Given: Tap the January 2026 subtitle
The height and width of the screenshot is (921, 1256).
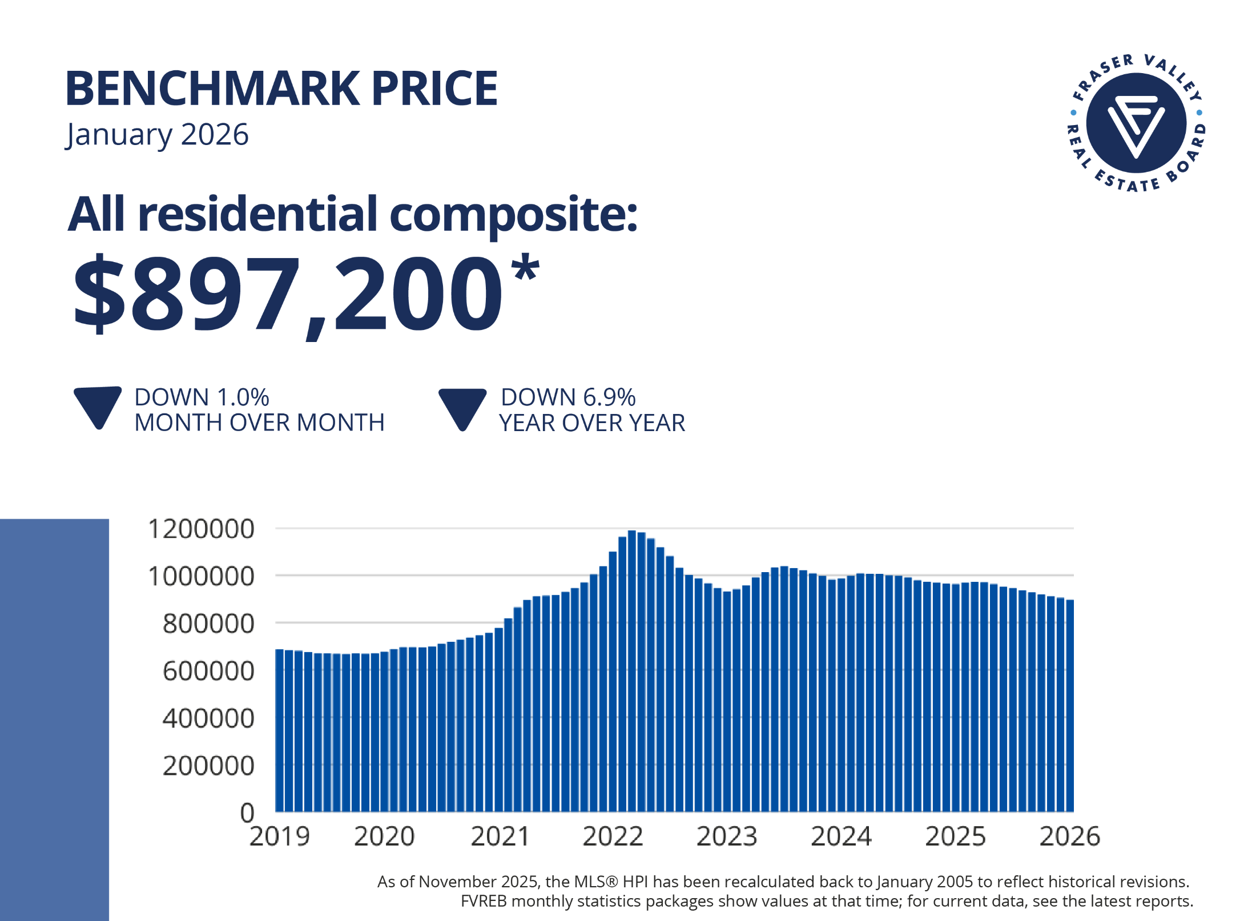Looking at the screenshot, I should point(157,135).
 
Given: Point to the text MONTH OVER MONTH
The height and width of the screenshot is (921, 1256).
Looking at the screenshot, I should point(259,423).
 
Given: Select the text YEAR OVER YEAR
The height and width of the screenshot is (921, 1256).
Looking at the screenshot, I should point(592,423).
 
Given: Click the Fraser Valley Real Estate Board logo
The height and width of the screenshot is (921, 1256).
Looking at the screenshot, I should point(1136,123).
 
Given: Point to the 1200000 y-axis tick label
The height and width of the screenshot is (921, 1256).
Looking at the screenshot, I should point(201,529).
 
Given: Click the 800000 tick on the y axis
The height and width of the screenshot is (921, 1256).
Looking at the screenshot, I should point(208,624).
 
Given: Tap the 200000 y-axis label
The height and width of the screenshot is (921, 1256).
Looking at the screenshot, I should point(208,766).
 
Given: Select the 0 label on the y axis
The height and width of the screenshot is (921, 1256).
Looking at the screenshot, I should point(247,813).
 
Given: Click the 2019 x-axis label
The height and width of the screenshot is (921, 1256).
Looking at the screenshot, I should point(280,836).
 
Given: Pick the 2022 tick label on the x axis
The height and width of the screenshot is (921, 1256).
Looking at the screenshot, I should point(613,836).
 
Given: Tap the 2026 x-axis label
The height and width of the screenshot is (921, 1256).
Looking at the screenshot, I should point(1069,836).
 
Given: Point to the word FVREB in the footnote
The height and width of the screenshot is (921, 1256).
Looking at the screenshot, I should point(484,901).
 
